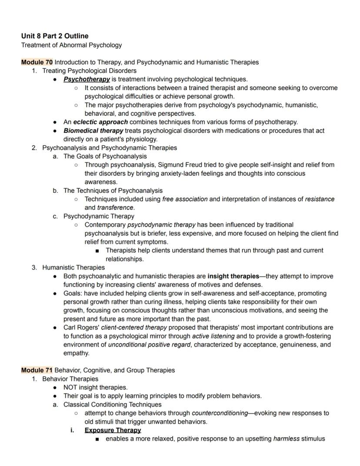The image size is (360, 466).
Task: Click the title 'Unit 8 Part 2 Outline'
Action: point(55,36)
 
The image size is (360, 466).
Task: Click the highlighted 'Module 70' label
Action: point(37,62)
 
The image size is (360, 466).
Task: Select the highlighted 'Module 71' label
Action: point(37,370)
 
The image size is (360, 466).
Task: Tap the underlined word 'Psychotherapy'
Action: point(87,79)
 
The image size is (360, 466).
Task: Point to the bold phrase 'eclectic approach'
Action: point(100,122)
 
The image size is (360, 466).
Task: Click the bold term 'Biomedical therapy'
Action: point(93,131)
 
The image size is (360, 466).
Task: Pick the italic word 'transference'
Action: point(115,208)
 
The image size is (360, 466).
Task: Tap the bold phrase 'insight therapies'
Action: point(233,276)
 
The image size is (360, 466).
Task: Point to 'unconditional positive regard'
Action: point(149,345)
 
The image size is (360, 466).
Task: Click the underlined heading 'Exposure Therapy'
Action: point(113,430)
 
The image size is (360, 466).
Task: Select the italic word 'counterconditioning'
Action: point(220,413)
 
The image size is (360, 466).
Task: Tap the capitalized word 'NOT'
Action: point(71,387)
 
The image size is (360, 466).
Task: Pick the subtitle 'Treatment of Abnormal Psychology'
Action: point(71,45)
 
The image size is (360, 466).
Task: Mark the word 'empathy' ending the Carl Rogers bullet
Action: point(76,353)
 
